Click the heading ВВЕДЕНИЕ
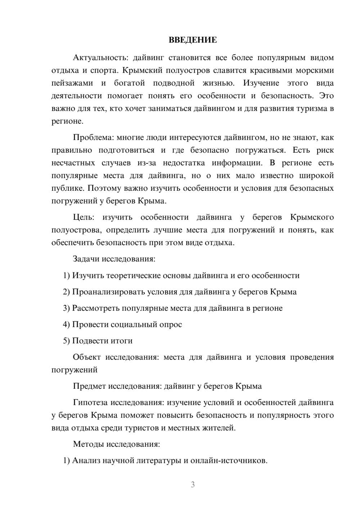[x=193, y=40]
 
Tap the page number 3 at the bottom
[x=193, y=485]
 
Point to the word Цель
[x=83, y=217]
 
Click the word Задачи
[x=86, y=259]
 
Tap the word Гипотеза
[x=90, y=402]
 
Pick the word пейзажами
[x=72, y=83]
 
